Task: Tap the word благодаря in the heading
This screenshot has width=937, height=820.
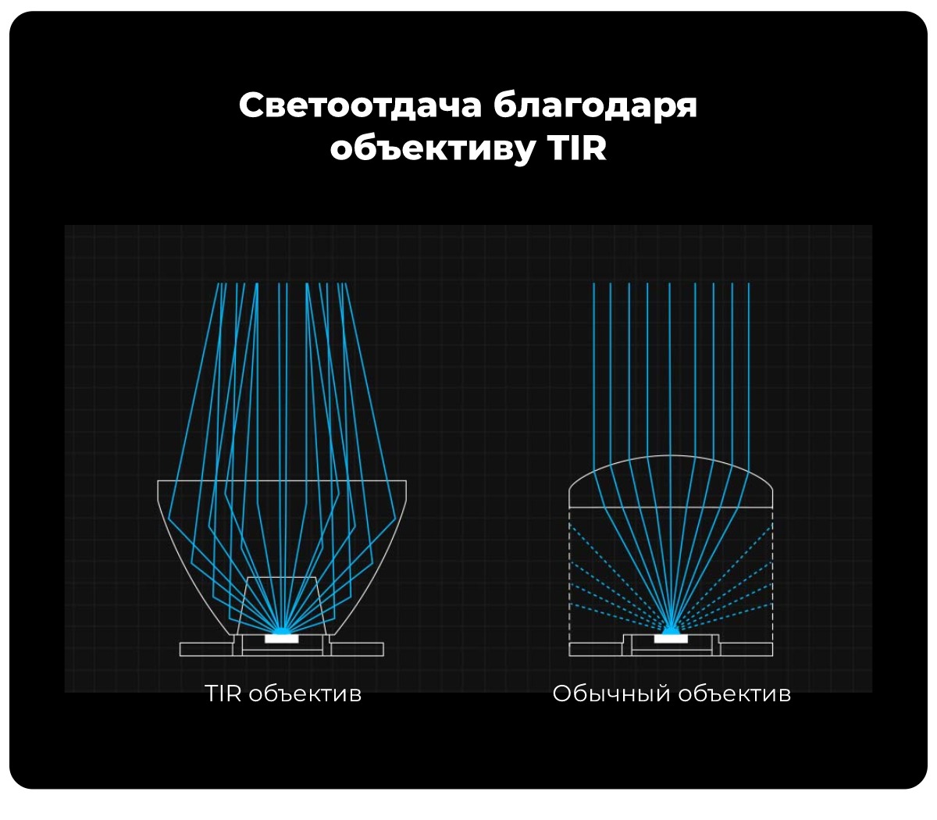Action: coord(595,105)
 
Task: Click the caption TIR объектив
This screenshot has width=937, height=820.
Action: coord(283,693)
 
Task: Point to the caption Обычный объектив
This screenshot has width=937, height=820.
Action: coord(672,693)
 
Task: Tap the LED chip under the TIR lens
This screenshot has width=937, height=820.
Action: coord(282,638)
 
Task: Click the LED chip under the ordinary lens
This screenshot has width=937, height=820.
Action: coord(671,638)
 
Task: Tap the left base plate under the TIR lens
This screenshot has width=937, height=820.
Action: coord(206,649)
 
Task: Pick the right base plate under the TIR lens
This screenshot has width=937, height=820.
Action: coord(358,649)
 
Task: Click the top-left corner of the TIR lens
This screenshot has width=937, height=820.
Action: coord(159,481)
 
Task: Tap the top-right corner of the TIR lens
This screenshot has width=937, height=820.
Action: coord(406,481)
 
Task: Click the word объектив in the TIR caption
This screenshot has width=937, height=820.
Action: coord(305,693)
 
